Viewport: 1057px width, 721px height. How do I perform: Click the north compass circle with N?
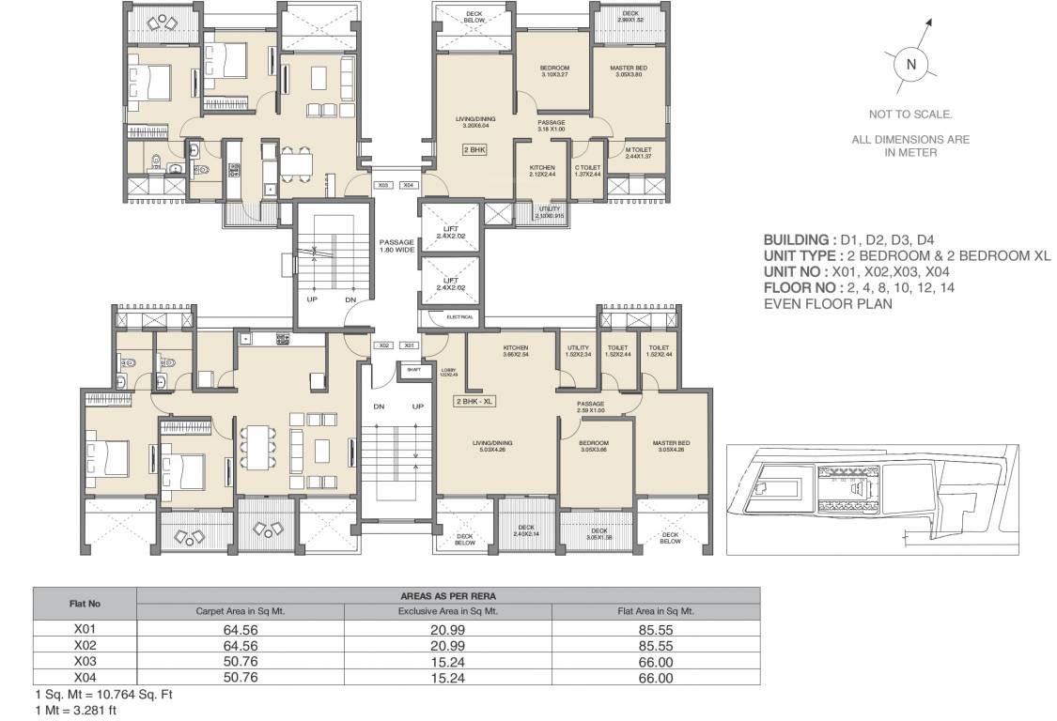(909, 65)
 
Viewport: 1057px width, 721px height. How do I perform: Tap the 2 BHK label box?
(473, 149)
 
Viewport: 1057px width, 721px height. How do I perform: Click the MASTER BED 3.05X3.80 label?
(621, 71)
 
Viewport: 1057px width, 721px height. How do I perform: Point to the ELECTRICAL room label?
(459, 317)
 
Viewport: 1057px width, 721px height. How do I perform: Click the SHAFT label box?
(413, 370)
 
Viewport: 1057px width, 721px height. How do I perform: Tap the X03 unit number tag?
(382, 186)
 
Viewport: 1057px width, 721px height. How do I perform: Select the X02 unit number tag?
(383, 345)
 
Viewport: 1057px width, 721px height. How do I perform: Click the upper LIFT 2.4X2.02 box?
(450, 232)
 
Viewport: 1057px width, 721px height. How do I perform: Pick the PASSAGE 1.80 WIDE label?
(396, 246)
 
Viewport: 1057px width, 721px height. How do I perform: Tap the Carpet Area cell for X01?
(241, 631)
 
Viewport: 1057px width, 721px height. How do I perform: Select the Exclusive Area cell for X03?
(447, 661)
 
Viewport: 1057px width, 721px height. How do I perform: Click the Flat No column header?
(85, 603)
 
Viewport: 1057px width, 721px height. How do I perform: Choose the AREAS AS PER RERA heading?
(447, 595)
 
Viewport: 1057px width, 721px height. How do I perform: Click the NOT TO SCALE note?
(910, 115)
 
